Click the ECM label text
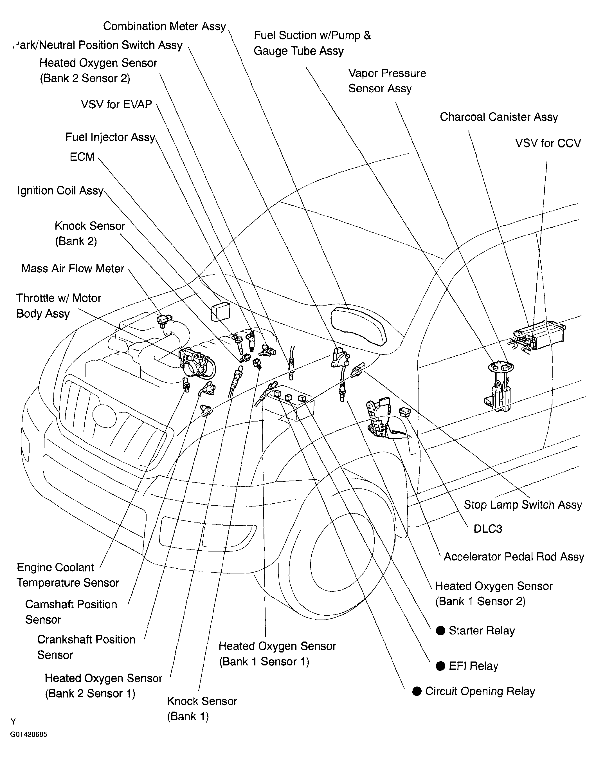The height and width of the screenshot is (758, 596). click(x=82, y=157)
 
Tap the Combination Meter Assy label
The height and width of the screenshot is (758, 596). click(x=164, y=26)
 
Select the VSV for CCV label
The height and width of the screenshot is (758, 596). click(x=548, y=143)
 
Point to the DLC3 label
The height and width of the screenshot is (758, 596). click(x=487, y=529)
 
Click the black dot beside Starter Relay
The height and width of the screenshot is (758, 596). click(x=441, y=631)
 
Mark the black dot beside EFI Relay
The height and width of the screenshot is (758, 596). click(x=441, y=666)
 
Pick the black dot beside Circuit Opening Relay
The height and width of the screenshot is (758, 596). click(x=417, y=691)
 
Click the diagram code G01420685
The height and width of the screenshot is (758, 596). click(x=29, y=734)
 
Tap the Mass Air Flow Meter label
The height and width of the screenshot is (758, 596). click(x=73, y=268)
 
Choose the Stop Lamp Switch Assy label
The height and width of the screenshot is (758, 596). click(x=523, y=505)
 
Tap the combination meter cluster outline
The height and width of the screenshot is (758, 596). click(x=359, y=326)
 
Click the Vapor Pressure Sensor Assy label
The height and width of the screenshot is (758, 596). click(x=387, y=81)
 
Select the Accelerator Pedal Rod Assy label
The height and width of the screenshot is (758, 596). click(x=514, y=557)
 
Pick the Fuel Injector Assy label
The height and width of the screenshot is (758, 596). click(x=110, y=137)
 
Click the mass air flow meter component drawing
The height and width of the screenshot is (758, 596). click(x=164, y=320)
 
